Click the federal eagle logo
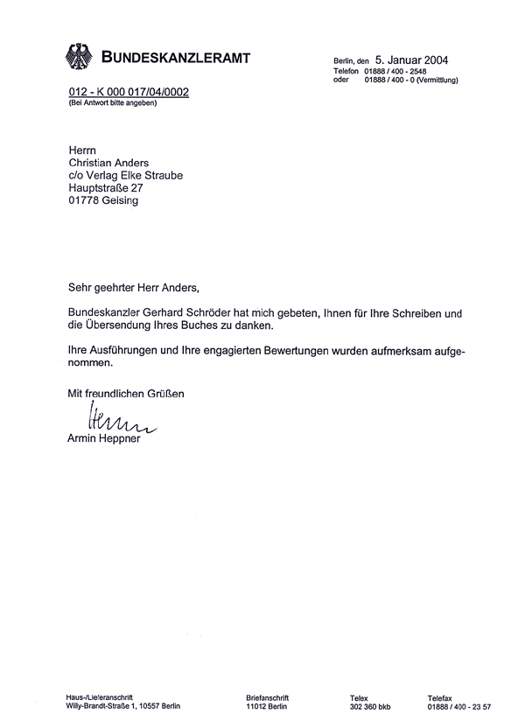(79, 58)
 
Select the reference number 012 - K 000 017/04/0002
(129, 93)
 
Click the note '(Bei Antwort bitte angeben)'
(113, 103)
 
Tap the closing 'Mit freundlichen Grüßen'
(127, 394)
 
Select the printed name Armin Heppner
(105, 437)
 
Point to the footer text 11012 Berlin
(267, 705)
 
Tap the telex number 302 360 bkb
(372, 705)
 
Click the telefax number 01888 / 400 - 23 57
(459, 705)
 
